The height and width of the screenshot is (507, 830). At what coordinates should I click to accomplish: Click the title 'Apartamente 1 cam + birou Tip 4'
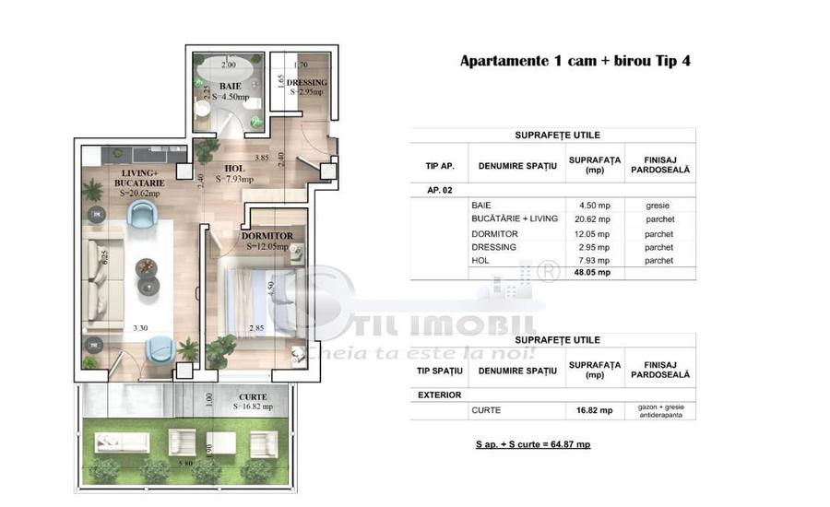(575, 62)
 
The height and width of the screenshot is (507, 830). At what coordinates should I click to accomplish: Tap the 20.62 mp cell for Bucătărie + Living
(591, 219)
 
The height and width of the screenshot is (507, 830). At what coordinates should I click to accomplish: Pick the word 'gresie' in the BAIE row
(658, 205)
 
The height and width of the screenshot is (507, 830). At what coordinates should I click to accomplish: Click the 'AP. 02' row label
(440, 189)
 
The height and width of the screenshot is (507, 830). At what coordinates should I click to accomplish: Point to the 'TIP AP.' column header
(439, 165)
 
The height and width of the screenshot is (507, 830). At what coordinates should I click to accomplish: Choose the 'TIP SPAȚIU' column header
(439, 371)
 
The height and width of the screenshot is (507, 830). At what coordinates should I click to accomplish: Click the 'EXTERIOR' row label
(442, 394)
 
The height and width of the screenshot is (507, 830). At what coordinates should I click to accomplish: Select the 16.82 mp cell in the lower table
(591, 410)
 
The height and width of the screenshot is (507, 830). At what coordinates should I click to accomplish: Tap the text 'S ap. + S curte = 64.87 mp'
(533, 444)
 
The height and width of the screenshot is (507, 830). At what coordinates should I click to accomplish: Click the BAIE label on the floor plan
(230, 85)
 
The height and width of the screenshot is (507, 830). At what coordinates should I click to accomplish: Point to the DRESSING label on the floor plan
(308, 83)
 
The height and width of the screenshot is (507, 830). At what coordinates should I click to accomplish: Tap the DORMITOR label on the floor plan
(267, 236)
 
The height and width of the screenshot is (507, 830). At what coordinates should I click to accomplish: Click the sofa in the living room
(99, 273)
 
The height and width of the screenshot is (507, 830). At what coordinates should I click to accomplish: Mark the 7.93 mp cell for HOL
(591, 260)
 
